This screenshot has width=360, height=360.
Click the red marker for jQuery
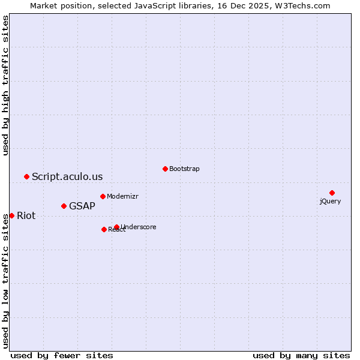pyautogui.click(x=332, y=193)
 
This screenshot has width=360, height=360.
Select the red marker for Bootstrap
pyautogui.click(x=165, y=169)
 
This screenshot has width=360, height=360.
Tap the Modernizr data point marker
pyautogui.click(x=103, y=196)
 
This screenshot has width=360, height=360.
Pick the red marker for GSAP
pyautogui.click(x=64, y=206)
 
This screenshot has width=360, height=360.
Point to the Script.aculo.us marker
pyautogui.click(x=26, y=176)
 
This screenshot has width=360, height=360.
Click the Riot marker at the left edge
pyautogui.click(x=11, y=215)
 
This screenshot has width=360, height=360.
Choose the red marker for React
pyautogui.click(x=104, y=229)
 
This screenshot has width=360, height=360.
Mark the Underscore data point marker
pyautogui.click(x=116, y=227)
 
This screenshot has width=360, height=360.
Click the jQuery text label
pyautogui.click(x=330, y=202)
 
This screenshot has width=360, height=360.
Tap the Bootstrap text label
pyautogui.click(x=184, y=169)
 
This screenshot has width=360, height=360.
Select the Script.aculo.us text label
pyautogui.click(x=67, y=176)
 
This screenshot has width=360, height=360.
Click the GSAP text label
pyautogui.click(x=82, y=206)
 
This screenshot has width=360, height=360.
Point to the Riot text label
pyautogui.click(x=26, y=216)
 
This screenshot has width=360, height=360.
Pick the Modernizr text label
pyautogui.click(x=123, y=196)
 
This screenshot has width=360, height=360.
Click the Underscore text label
pyautogui.click(x=139, y=227)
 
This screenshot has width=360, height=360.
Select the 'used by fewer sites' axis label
pyautogui.click(x=62, y=355)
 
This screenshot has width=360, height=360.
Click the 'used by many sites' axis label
pyautogui.click(x=301, y=355)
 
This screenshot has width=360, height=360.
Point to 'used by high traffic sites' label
pyautogui.click(x=6, y=85)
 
